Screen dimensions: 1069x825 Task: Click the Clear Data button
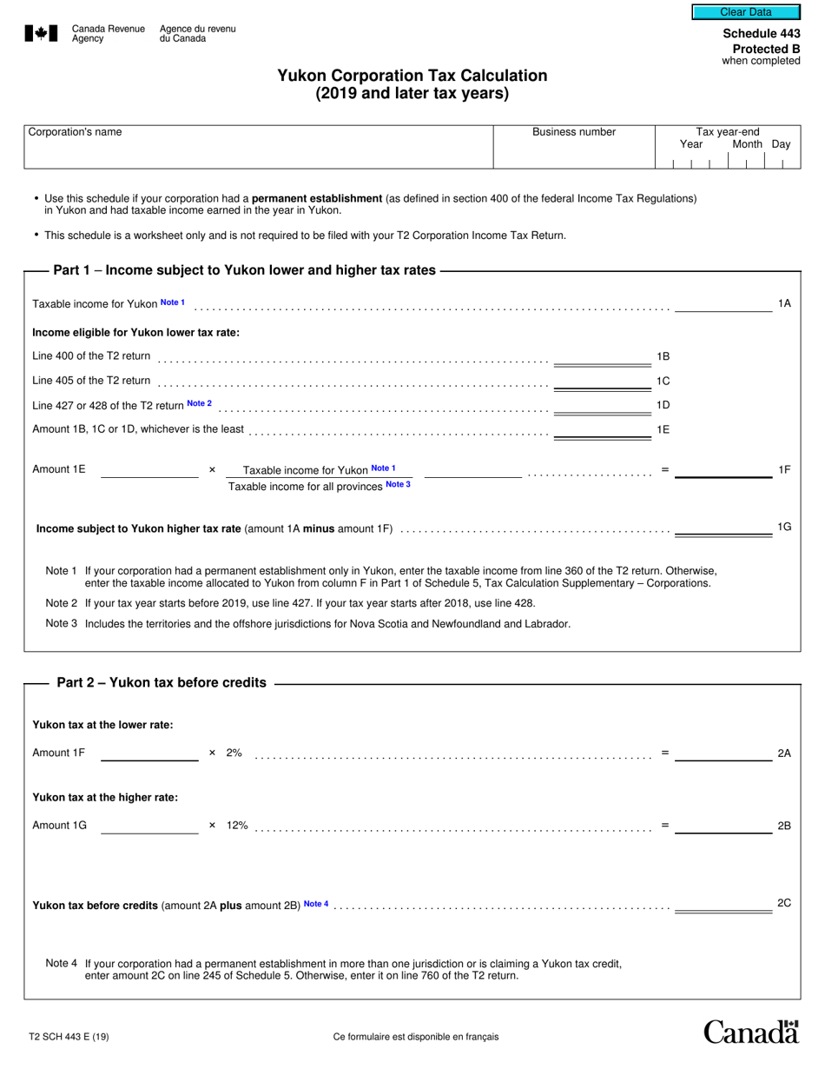pos(745,12)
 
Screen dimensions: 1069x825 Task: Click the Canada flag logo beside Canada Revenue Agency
pos(41,34)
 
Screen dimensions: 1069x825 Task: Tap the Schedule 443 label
pos(762,34)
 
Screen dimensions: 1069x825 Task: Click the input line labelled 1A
pos(723,305)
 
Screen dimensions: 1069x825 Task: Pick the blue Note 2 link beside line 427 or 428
pos(199,403)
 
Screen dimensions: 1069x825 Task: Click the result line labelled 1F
pos(723,471)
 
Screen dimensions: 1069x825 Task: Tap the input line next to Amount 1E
pos(149,471)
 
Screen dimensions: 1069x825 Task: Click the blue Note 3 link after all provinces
pos(398,484)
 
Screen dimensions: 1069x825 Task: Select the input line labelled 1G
pos(723,529)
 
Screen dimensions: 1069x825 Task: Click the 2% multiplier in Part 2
pos(234,753)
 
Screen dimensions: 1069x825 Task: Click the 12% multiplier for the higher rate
pos(237,825)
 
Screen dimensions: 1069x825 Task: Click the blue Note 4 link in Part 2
pos(316,904)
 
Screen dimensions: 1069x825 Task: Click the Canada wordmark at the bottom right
pos(750,1032)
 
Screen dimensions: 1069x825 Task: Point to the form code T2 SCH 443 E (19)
pos(69,1036)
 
